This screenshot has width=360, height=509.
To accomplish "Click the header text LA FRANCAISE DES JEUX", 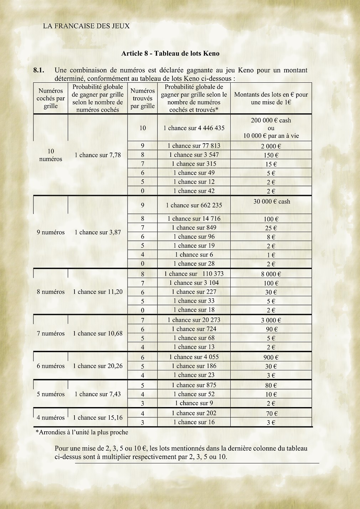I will [x=86, y=26].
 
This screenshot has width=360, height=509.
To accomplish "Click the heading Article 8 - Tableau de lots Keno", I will [x=170, y=54].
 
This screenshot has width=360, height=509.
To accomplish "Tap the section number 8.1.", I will [x=38, y=70].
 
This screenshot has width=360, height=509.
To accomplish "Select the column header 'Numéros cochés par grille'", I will [x=51, y=98].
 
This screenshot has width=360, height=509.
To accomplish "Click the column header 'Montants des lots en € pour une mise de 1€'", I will [x=271, y=98].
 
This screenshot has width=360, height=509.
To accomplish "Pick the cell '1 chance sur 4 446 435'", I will [x=194, y=128].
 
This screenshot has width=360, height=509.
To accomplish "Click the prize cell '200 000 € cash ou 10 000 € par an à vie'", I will [x=271, y=128].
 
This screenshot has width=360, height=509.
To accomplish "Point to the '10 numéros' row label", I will [x=51, y=155].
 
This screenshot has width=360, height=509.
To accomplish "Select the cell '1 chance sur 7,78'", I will [x=98, y=155].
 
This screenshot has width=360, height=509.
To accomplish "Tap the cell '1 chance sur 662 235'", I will [x=194, y=205].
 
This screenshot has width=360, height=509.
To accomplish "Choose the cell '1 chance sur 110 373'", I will [x=194, y=274].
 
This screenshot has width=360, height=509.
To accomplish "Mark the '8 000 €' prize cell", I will [x=271, y=274].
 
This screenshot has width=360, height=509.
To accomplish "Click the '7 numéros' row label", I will [x=51, y=334].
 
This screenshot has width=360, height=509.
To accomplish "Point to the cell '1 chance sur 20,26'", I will [x=98, y=366].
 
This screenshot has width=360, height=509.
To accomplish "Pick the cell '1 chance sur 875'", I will [x=194, y=385].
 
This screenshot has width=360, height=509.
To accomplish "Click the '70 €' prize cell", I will [x=271, y=414].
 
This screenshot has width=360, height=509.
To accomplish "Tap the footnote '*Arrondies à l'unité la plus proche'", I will [x=82, y=432].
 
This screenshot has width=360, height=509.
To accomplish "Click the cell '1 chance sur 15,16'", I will [x=98, y=418].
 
